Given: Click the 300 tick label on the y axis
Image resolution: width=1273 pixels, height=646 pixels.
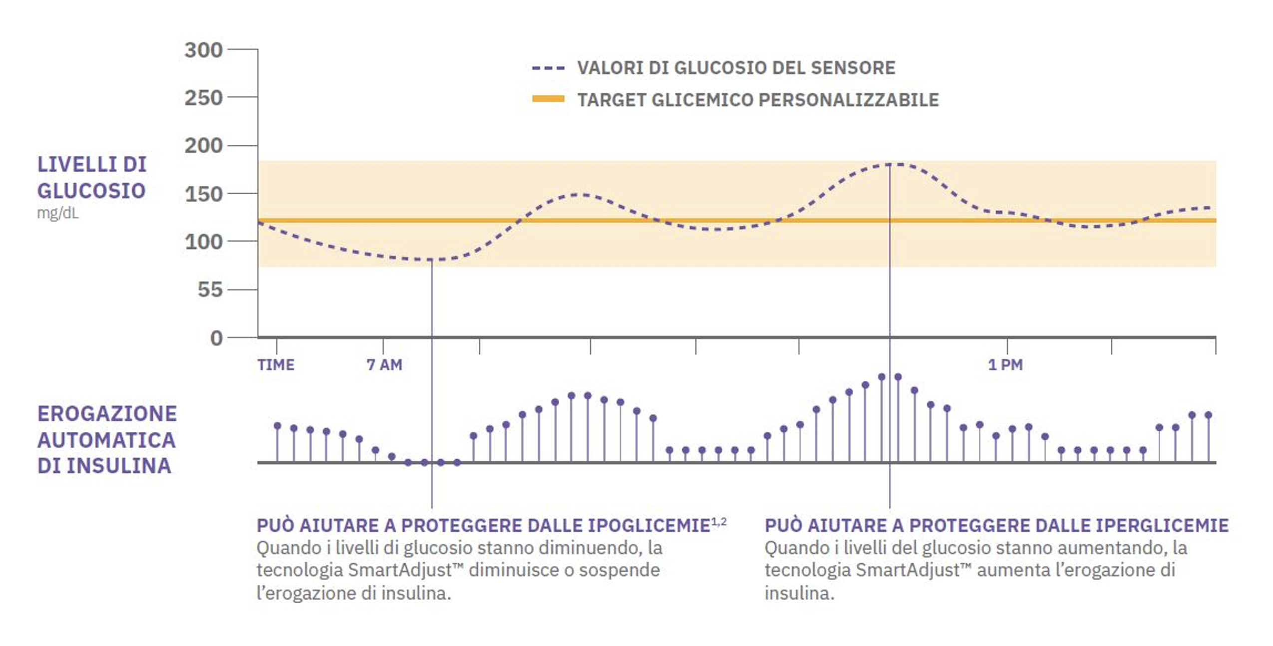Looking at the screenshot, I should coord(203,50).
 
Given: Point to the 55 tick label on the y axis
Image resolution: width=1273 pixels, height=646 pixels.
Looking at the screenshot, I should coord(210,290).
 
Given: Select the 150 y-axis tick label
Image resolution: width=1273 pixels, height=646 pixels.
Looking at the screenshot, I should coord(203,194).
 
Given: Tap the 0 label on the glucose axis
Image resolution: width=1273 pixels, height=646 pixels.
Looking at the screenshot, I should coord(216,338).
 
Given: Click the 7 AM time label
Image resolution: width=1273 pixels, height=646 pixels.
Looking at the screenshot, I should coord(384,365).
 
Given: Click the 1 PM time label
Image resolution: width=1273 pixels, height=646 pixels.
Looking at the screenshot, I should coord(1005,365).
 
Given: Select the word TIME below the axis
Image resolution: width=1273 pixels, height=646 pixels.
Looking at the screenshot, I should coord(276,365).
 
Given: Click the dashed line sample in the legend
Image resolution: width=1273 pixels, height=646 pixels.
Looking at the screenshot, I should coord(548,68).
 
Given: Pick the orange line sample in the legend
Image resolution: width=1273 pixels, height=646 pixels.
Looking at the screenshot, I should coord(548,99).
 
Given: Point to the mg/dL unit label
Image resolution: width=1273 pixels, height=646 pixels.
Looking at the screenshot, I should coord(58,214).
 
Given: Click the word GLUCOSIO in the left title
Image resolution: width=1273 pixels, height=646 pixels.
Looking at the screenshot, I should coord(91,191).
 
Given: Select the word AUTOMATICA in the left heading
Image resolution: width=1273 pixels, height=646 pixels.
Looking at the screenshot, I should coord(106,440).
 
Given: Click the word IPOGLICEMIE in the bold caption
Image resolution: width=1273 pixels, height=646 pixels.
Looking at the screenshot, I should coord(648,526).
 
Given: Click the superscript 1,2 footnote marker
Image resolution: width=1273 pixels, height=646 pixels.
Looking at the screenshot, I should coord(718,522).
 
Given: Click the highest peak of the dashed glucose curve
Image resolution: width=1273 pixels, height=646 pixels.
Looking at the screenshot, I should coord(889,164).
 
